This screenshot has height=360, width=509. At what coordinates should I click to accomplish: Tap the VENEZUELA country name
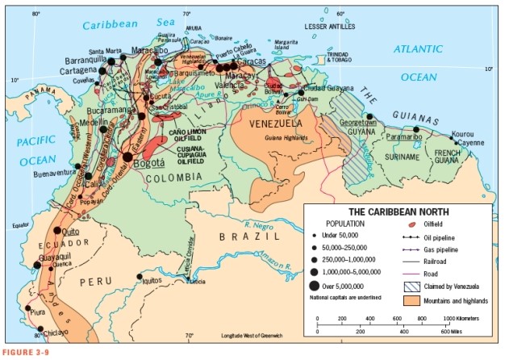(x=277, y=123)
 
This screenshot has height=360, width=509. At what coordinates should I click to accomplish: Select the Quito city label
(x=69, y=231)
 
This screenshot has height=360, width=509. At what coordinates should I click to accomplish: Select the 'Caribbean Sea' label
(x=119, y=25)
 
